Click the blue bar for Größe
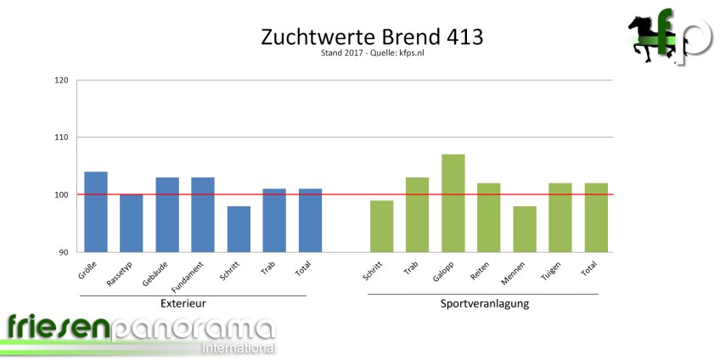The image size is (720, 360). click(95, 211)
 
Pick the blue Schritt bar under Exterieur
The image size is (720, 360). click(239, 228)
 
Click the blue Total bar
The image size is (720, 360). click(310, 220)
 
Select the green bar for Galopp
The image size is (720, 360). click(453, 203)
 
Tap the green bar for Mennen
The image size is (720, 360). click(525, 228)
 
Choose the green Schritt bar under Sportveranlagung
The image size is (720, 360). click(381, 226)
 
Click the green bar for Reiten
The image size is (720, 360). click(489, 217)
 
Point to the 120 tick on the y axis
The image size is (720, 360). click(61, 81)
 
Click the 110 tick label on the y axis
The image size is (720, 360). click(61, 138)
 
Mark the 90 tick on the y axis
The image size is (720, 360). click(64, 252)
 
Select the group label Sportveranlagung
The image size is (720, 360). click(484, 303)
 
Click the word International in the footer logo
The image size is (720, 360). click(237, 348)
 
